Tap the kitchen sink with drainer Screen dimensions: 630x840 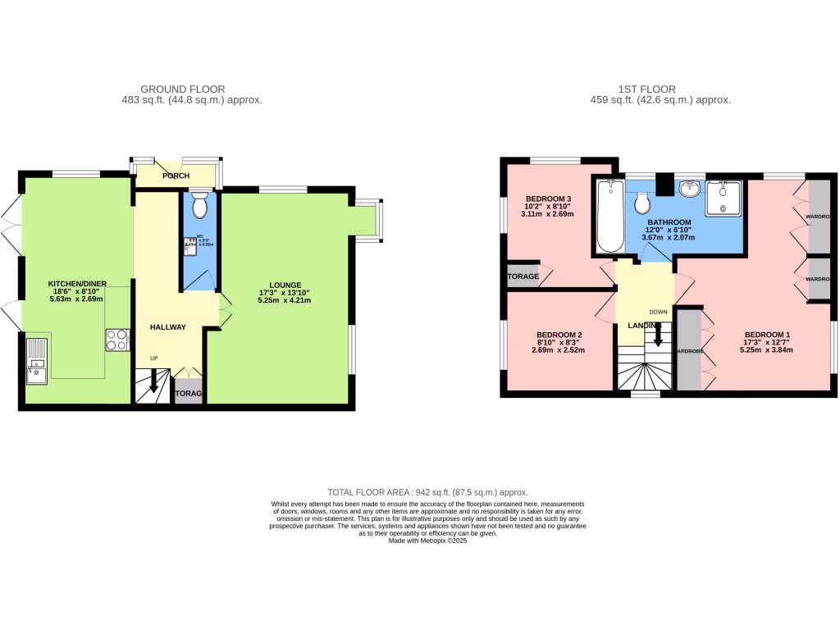click(38, 362)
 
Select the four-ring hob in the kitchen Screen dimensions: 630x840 click(117, 340)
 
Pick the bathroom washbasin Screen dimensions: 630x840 click(689, 189)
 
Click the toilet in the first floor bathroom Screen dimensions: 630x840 click(643, 202)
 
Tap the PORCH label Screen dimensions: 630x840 click(176, 176)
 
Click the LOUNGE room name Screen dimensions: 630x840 click(285, 285)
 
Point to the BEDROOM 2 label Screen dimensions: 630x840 click(559, 335)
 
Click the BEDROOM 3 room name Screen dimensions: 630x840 click(548, 199)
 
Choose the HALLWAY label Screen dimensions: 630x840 click(167, 327)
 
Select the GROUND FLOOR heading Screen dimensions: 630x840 click(182, 89)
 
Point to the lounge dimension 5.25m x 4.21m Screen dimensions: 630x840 click(285, 300)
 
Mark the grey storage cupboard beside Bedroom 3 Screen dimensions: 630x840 click(523, 276)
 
